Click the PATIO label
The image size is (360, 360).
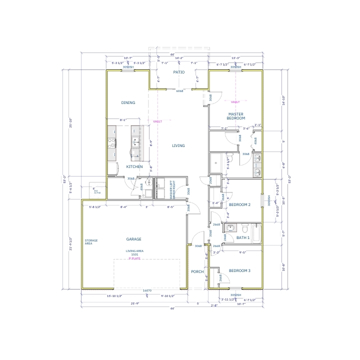click(178, 72)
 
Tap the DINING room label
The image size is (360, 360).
click(128, 102)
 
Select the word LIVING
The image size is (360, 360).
click(178, 146)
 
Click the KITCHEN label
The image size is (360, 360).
click(134, 166)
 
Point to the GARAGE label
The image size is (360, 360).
click(133, 239)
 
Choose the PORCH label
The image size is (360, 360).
click(197, 271)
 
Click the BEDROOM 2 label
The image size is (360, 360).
click(239, 205)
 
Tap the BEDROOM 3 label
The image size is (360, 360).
click(239, 270)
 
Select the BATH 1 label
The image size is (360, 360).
click(242, 237)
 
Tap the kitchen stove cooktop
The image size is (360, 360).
click(111, 143)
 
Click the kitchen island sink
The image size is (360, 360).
click(135, 143)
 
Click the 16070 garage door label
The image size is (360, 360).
click(147, 290)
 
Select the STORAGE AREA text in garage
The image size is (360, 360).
click(91, 241)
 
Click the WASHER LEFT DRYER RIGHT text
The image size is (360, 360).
click(171, 191)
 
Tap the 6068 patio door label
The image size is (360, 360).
click(180, 91)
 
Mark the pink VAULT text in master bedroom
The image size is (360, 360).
click(235, 101)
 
